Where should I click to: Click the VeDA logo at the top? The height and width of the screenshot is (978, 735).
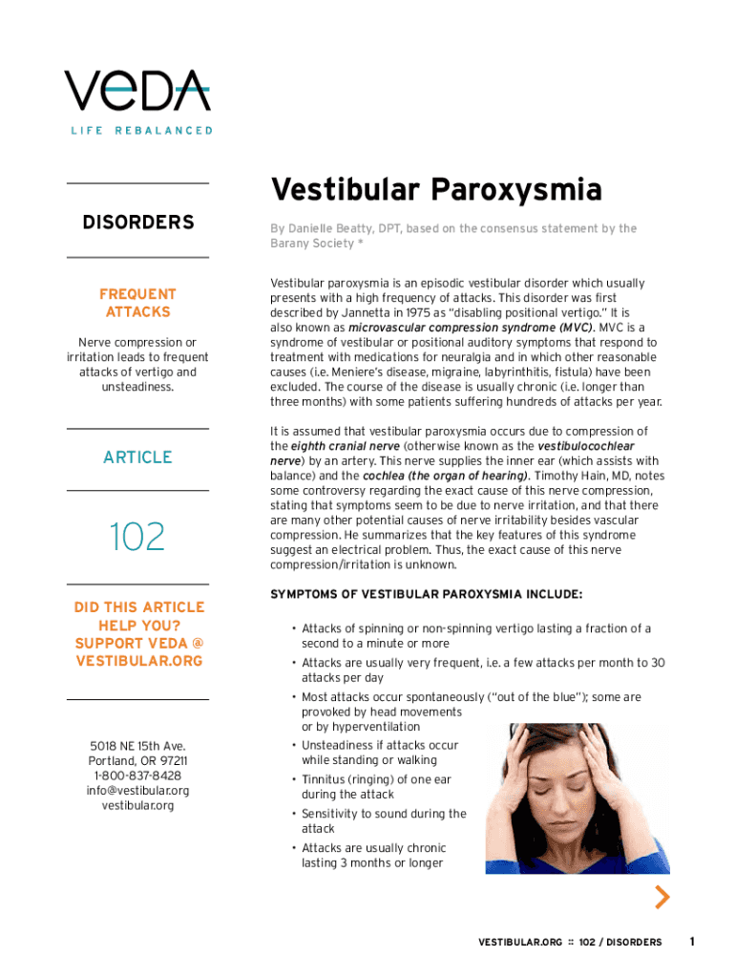click(x=137, y=90)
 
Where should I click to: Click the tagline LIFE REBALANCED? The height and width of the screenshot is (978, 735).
click(x=140, y=130)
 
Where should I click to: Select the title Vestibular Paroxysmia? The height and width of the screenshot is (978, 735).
click(x=435, y=190)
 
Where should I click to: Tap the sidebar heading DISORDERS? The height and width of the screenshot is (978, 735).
click(x=138, y=223)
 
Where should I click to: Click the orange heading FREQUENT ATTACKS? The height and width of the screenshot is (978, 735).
click(x=138, y=303)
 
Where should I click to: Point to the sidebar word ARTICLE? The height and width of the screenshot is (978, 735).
click(x=138, y=457)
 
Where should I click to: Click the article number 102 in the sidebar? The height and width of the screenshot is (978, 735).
click(x=137, y=536)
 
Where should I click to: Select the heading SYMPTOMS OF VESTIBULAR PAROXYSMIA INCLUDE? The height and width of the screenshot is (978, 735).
click(x=426, y=594)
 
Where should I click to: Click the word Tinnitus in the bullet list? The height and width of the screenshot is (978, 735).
click(x=326, y=779)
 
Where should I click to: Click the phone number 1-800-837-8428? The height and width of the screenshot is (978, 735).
click(x=138, y=776)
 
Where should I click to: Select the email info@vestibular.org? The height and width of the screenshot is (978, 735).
click(x=138, y=790)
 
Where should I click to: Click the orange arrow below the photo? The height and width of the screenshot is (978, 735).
click(x=661, y=897)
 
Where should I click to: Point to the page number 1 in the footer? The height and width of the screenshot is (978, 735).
click(x=692, y=942)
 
